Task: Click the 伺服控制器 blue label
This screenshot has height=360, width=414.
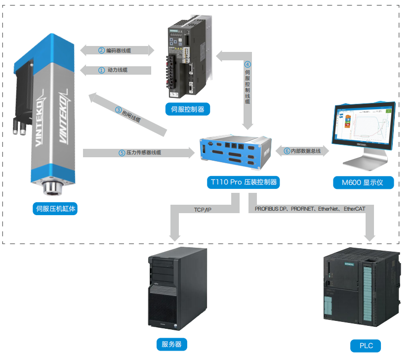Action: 187,109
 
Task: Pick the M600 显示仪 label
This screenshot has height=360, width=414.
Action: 364,182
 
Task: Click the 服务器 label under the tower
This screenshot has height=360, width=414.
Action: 171,344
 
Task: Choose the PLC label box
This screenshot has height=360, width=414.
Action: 366,346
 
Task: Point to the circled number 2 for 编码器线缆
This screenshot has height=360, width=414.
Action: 101,50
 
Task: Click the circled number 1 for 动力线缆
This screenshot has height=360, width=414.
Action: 101,70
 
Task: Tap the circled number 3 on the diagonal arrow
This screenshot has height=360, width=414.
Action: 119,110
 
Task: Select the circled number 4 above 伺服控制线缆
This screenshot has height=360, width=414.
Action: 248,64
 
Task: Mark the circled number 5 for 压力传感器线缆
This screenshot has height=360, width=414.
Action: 122,153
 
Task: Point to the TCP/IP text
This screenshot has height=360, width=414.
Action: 203,210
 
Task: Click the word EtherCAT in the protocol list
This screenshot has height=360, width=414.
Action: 354,209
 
